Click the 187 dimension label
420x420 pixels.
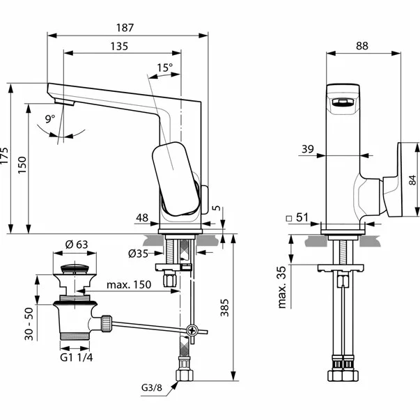pos(125,28)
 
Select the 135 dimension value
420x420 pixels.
pos(120,47)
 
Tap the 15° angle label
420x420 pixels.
pos(165,68)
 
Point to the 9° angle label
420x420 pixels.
pos(50,118)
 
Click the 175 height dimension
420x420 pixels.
pos(5,155)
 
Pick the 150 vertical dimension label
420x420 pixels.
pos(22,165)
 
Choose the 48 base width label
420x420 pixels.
pos(142,218)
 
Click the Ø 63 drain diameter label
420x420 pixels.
pos(77,244)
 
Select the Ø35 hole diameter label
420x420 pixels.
pos(138,254)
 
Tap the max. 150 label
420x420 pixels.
pos(129,284)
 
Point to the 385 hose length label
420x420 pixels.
pos(225,307)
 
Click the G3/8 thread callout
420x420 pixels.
pos(152,387)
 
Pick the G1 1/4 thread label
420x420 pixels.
pos(77,357)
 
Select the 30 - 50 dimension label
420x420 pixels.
pos(29,324)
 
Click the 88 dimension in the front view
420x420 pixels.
pos(362,46)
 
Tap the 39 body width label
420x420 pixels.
pos(308,149)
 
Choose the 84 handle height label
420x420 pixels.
pos(413,180)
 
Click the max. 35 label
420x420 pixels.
pos(282,287)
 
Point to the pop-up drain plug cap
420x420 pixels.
pos(75,269)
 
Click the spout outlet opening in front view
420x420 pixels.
pos(343,102)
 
